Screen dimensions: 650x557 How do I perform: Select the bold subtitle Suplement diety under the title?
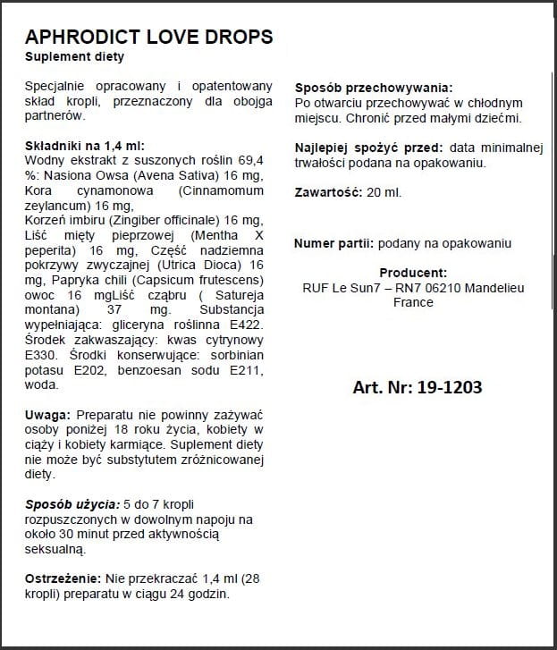click(x=74, y=57)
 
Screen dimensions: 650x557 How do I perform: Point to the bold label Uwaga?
click(x=48, y=416)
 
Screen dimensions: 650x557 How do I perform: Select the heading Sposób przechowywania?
click(x=373, y=88)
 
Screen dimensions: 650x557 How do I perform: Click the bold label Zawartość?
click(x=327, y=192)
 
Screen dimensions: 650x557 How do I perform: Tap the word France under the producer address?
click(x=412, y=302)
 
